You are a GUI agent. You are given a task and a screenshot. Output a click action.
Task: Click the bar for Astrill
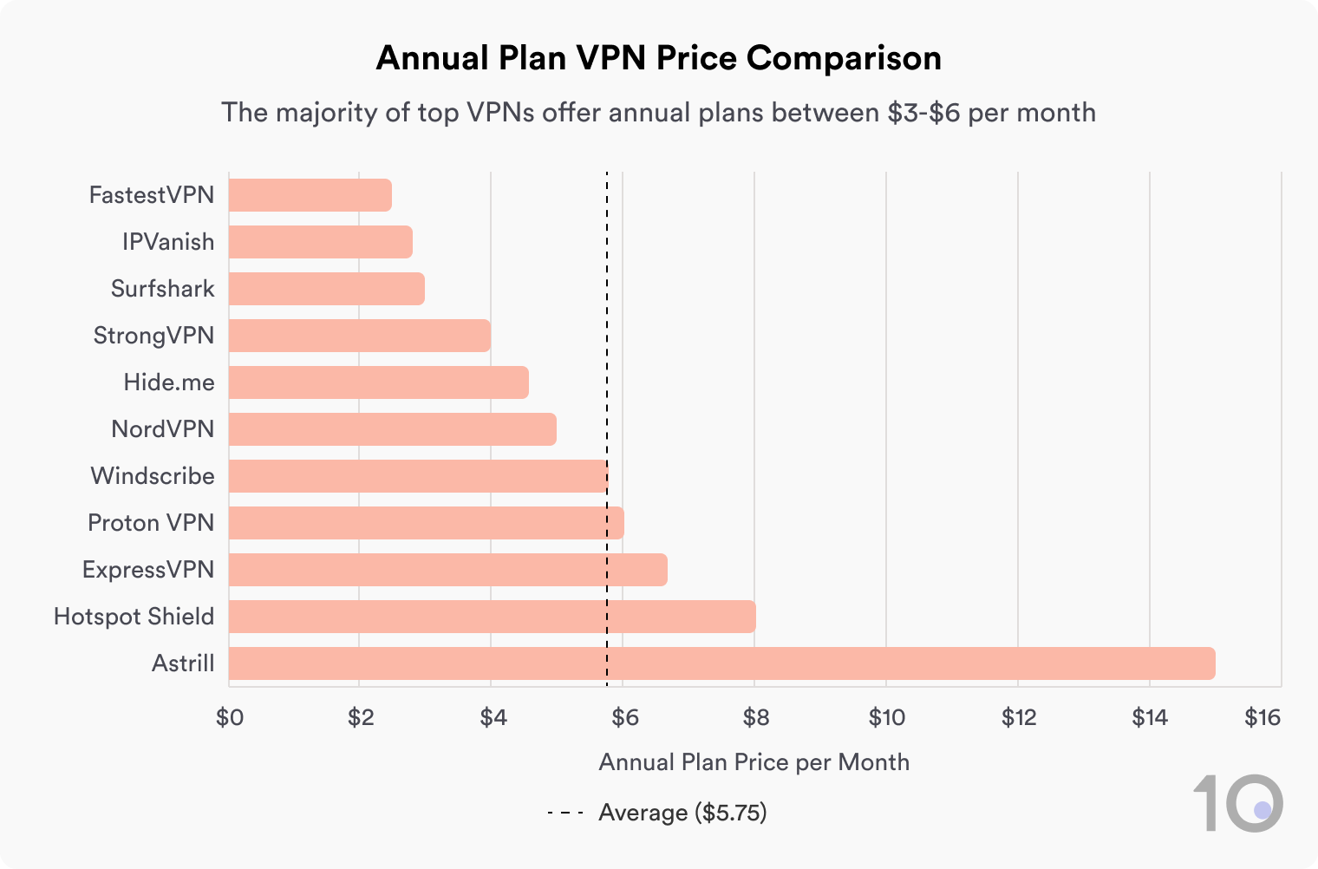coord(721,663)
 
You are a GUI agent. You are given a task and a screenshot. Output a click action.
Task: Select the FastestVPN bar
coord(310,195)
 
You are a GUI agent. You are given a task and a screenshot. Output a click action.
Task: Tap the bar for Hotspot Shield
coord(492,617)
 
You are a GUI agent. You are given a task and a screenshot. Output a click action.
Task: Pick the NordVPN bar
coord(392,429)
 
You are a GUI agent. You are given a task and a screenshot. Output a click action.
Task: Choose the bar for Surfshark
coord(326,289)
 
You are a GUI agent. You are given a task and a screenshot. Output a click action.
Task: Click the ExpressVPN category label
coord(148,570)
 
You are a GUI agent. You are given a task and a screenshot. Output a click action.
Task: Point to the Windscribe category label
coord(153,476)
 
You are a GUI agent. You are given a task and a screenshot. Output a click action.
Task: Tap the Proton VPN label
coord(151,523)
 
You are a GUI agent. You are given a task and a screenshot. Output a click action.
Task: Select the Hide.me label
coord(169,382)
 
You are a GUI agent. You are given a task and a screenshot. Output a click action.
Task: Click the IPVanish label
coord(168,242)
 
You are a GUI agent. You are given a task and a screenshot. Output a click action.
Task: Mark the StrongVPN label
coord(153,336)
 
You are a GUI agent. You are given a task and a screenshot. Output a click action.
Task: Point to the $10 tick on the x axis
coord(886,717)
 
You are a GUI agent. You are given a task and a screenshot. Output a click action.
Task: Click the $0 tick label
coord(230,717)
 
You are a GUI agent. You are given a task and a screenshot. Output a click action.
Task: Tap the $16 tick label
coord(1262,717)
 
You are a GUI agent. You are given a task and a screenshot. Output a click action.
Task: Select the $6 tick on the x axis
coord(624,717)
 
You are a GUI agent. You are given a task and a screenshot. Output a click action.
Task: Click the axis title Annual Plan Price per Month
coord(754,762)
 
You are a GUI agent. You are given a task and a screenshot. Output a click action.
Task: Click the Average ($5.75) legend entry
coord(682,813)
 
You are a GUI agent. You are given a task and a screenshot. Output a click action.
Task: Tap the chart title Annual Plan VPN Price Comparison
coord(658,58)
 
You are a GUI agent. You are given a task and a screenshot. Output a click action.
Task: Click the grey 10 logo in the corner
coord(1237,803)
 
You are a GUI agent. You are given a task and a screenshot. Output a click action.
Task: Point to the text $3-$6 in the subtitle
coord(923,113)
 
